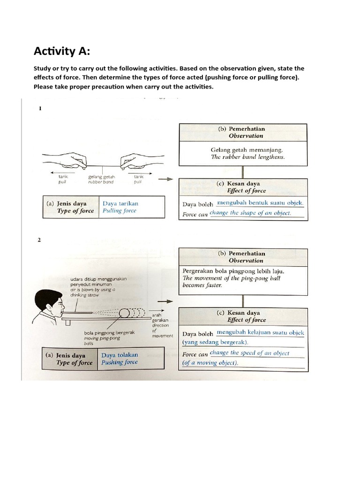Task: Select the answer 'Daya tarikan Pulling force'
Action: coord(120,207)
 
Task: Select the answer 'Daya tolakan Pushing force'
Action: coord(120,359)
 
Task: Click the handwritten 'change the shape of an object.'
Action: coord(250,213)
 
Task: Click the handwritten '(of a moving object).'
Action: coord(210,363)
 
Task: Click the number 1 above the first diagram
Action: coord(40,108)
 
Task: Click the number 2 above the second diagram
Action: coord(39,240)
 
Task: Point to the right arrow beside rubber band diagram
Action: coord(165,179)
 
